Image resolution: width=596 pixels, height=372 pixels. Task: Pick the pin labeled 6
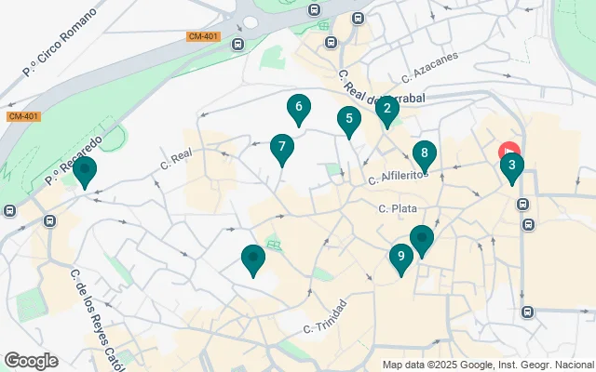click(x=298, y=109)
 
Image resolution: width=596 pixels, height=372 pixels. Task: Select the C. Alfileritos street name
click(x=398, y=176)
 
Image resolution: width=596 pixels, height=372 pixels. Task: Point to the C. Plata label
click(x=398, y=209)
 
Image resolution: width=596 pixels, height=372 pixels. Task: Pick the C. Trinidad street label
click(x=325, y=317)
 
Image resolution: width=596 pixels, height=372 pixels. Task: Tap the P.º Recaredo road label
click(x=73, y=160)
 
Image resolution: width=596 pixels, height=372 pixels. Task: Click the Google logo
click(x=31, y=361)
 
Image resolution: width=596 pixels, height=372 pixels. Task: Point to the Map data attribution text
click(x=487, y=365)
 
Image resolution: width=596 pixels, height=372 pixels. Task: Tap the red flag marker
click(x=509, y=151)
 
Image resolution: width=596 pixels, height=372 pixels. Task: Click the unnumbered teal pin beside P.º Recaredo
click(x=85, y=171)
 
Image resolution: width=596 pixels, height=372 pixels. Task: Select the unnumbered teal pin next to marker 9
click(x=422, y=240)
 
